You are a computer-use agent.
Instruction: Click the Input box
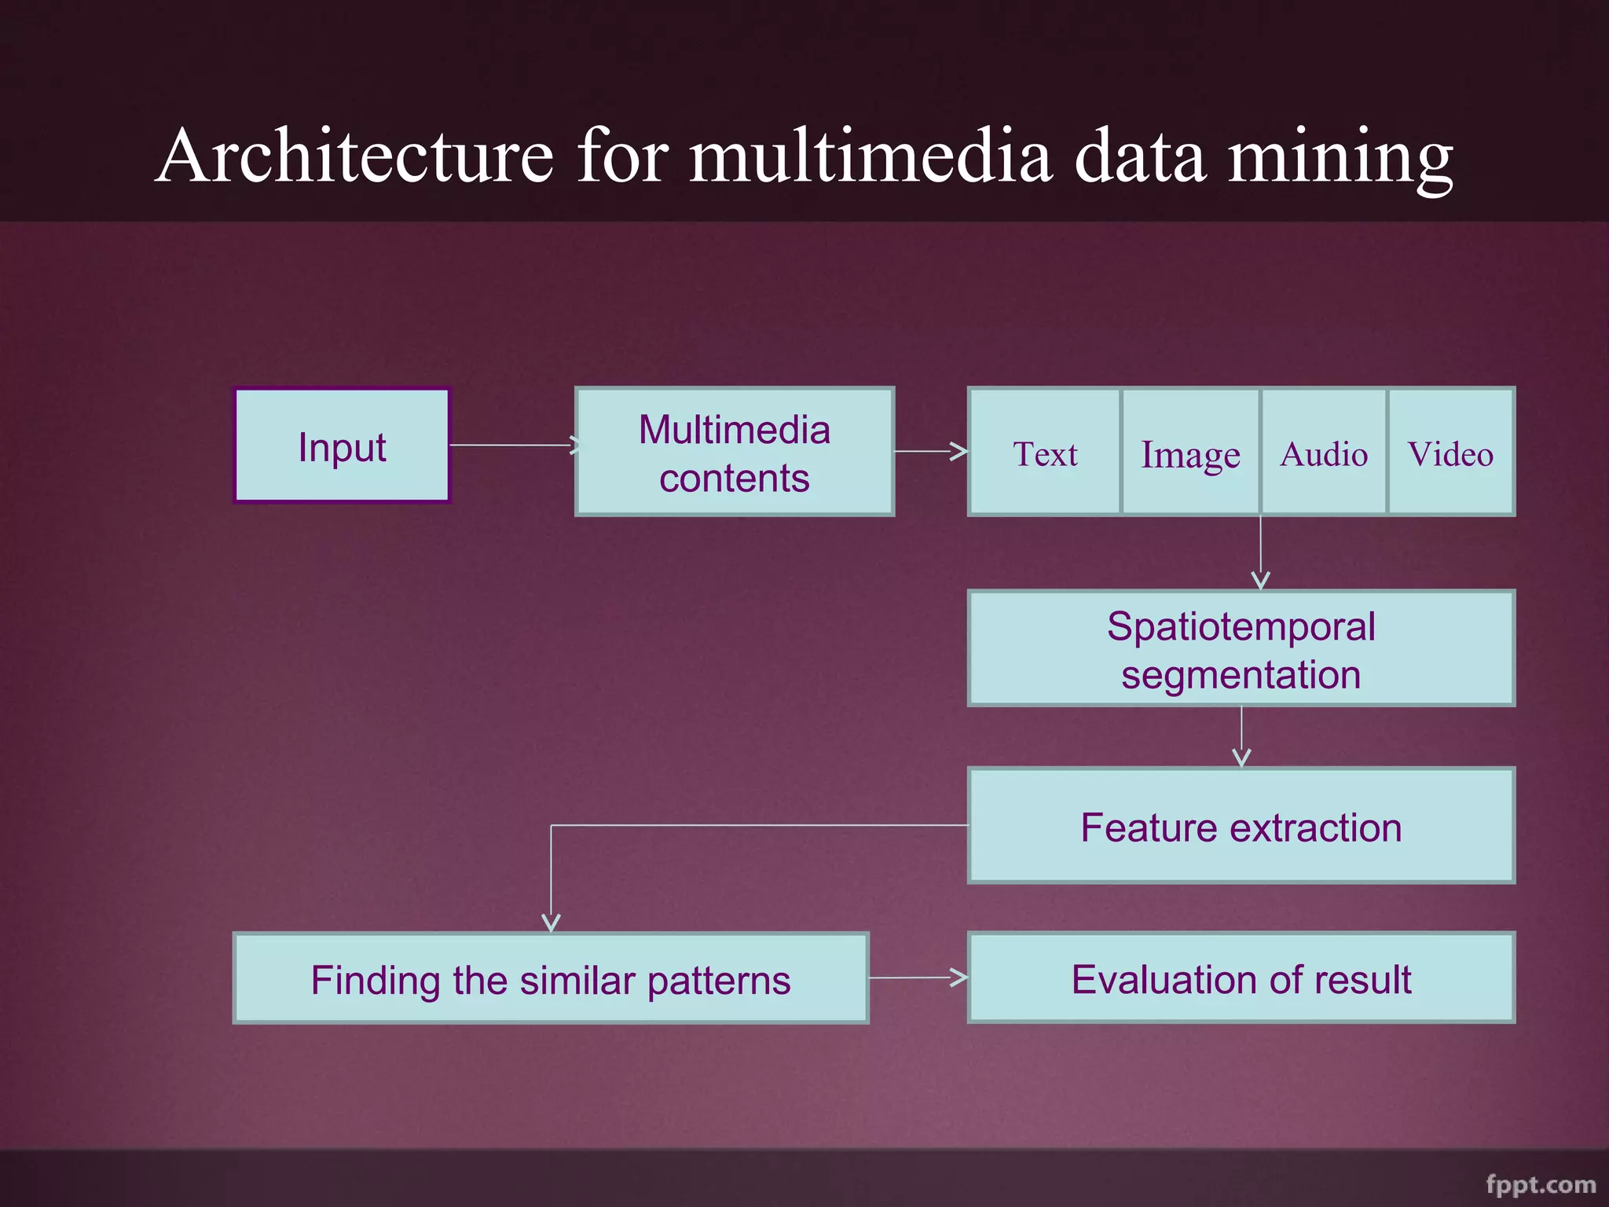[342, 446]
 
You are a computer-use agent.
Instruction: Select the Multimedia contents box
[735, 452]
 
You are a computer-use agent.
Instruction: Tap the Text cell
[1045, 453]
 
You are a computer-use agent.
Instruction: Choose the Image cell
[1190, 453]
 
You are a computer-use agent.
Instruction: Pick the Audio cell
[1324, 453]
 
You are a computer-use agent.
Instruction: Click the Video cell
[1451, 453]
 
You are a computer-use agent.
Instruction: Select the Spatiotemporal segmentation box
[1241, 649]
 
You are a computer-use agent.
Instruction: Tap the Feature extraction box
[1241, 826]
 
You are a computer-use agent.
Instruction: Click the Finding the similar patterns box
[551, 979]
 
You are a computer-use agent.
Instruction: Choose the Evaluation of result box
[1241, 978]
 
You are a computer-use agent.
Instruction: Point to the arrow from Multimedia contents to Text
[931, 451]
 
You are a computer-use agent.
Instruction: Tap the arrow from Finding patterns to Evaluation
[918, 978]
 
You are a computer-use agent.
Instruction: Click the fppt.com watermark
[1540, 1184]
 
